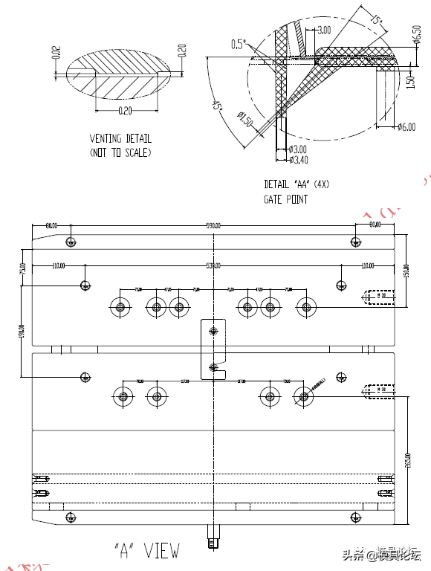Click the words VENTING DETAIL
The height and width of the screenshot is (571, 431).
pos(120,138)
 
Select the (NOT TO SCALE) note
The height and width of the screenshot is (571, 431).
pos(120,152)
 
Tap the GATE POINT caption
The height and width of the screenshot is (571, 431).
pos(285,199)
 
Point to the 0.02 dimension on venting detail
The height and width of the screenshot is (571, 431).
pos(56,52)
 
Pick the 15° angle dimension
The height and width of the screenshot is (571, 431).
pos(377,19)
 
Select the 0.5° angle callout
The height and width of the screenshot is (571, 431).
pos(238,44)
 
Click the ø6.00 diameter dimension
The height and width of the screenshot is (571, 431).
pos(405,127)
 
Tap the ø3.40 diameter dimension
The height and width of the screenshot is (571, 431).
pos(298,159)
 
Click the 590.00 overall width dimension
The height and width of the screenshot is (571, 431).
pos(213,225)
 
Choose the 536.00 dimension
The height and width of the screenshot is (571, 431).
pos(213,265)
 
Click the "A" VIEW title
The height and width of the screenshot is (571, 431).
pos(146,551)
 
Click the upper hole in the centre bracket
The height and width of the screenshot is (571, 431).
pos(214,330)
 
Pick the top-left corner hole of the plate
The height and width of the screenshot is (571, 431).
pos(71,242)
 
